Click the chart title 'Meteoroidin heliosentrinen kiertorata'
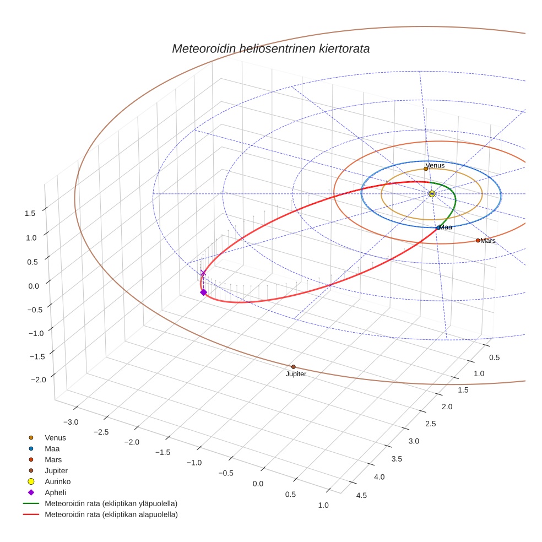coord(270,48)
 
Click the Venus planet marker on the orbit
coord(426,169)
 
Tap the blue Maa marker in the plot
coord(438,227)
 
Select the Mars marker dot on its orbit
coord(478,240)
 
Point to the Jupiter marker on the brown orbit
coord(293,367)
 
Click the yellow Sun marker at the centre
coord(432,193)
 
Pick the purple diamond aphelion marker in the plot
coord(203,292)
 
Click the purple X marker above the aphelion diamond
coord(203,273)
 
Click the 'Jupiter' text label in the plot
coord(296,374)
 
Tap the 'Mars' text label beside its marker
coord(488,241)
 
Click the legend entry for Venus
coord(55,437)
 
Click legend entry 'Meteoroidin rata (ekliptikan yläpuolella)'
coord(111,503)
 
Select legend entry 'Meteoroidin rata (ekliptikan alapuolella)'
coord(111,514)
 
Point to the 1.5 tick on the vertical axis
coord(30,213)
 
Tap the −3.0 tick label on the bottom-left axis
coord(71,422)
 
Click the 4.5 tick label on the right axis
coord(362,495)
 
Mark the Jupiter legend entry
coord(56,470)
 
